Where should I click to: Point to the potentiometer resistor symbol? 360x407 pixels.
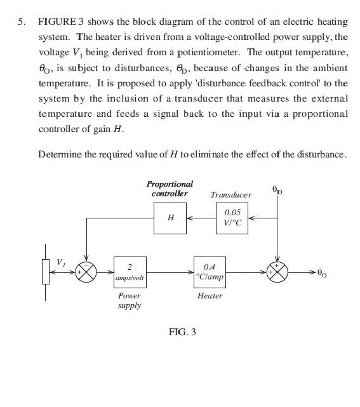point(46,272)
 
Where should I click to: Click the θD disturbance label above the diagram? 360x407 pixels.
point(277,190)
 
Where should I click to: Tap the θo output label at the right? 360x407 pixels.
point(322,273)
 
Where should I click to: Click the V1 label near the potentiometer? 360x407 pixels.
point(61,263)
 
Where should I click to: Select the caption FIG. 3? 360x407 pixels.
point(182,332)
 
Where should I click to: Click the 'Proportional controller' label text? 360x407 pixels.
point(170,189)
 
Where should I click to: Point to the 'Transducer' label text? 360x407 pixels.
point(230,195)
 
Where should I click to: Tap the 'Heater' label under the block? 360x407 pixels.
point(210,296)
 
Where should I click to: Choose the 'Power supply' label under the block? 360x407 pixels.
point(130,300)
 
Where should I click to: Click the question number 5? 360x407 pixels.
point(22,22)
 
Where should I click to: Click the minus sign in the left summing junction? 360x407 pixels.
point(88,266)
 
